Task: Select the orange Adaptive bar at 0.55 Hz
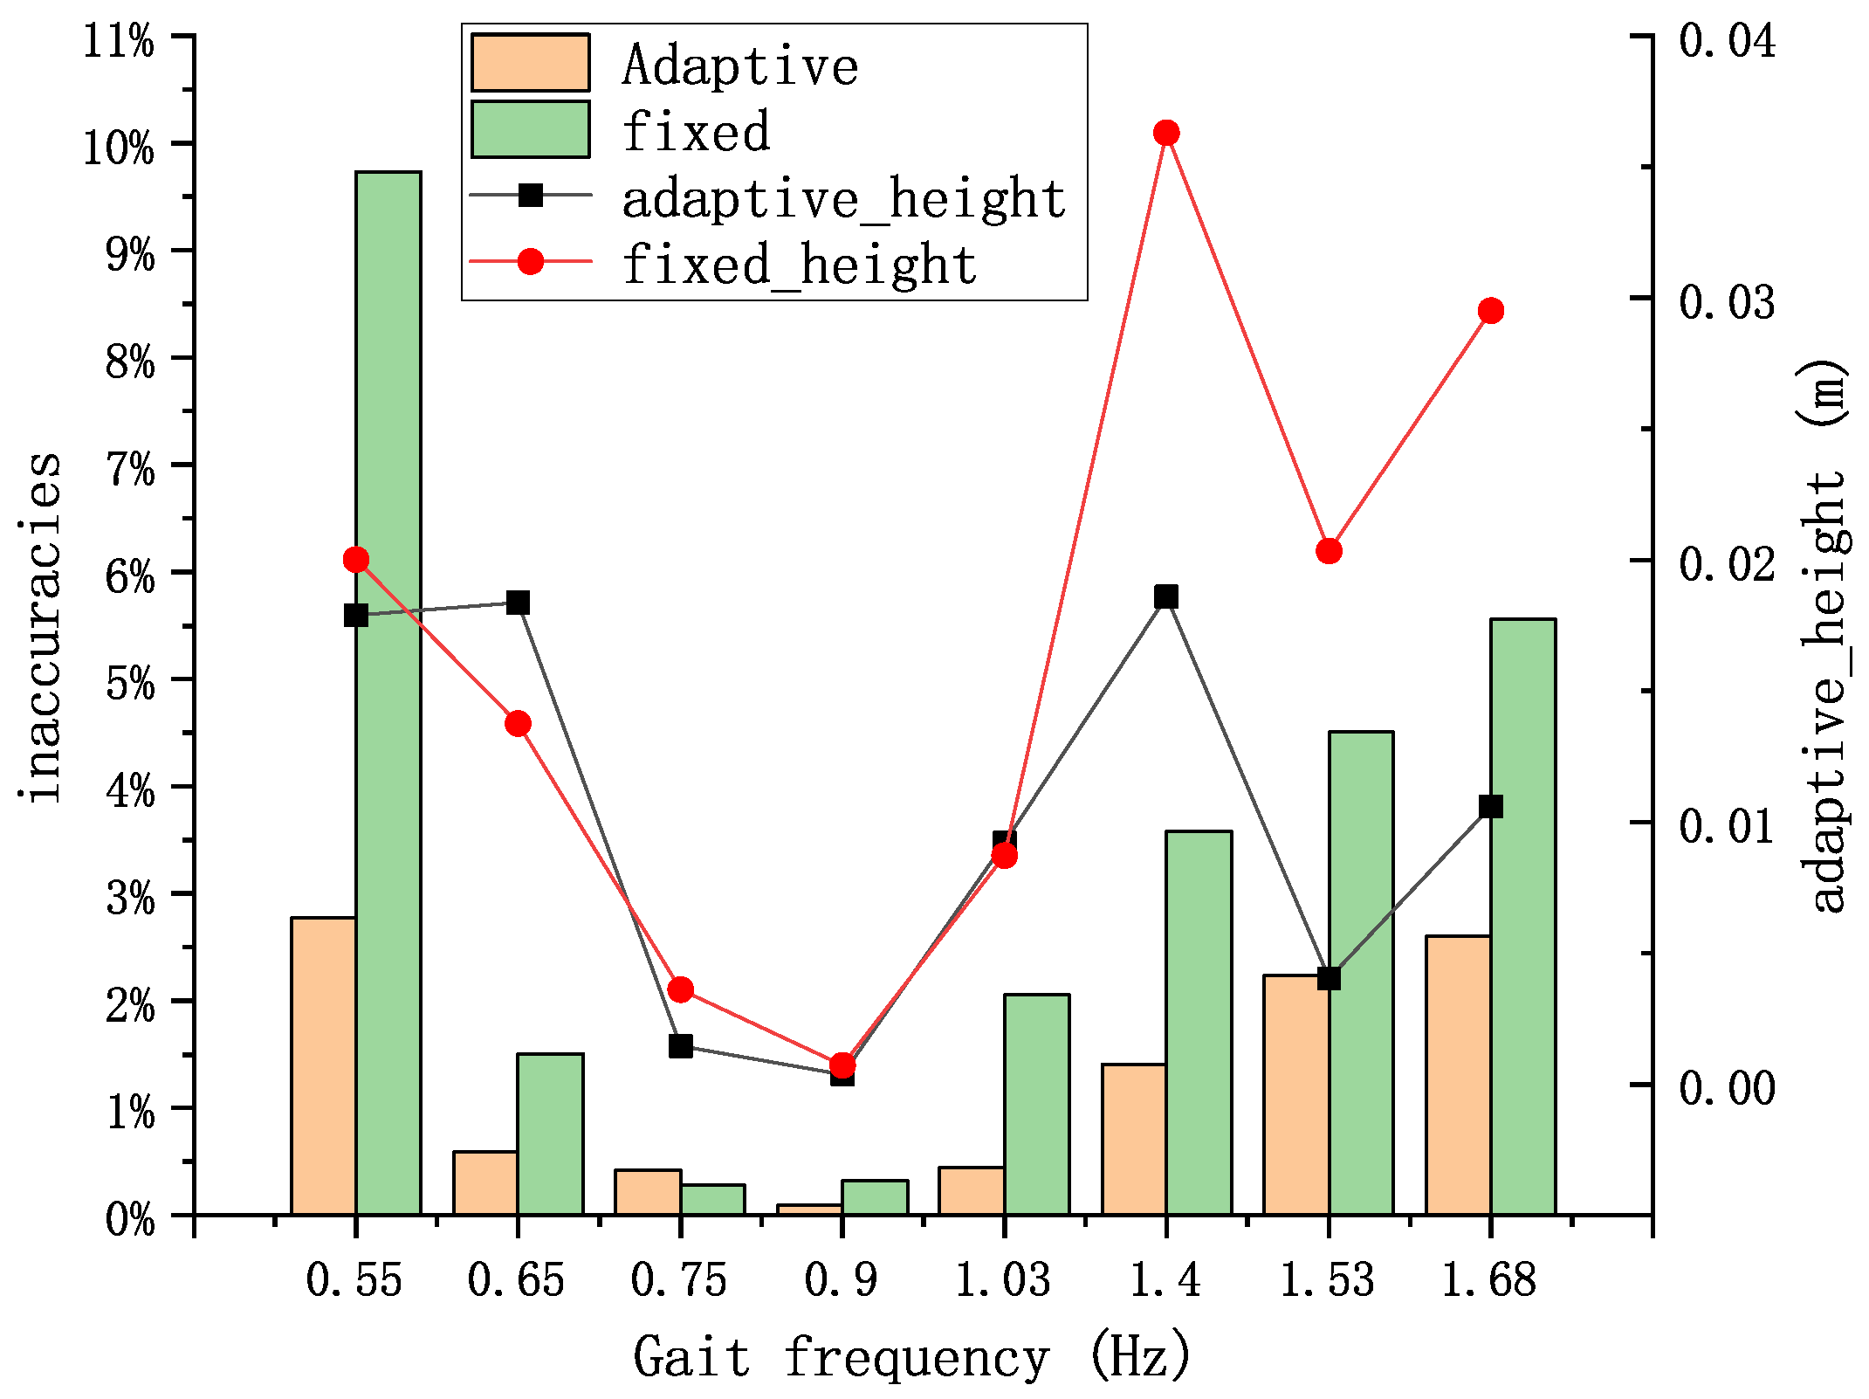(x=323, y=1065)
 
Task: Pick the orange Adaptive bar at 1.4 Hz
(x=1134, y=1140)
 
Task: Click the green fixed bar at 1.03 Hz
(x=1037, y=1105)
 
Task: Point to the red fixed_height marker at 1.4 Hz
(x=1166, y=133)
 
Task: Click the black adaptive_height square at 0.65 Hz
(x=519, y=603)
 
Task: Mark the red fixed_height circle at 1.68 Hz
(x=1491, y=311)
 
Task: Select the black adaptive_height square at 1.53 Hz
(x=1329, y=978)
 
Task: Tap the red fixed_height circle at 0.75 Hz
(x=681, y=989)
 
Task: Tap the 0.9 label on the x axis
(x=841, y=1280)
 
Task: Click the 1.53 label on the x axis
(x=1327, y=1280)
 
